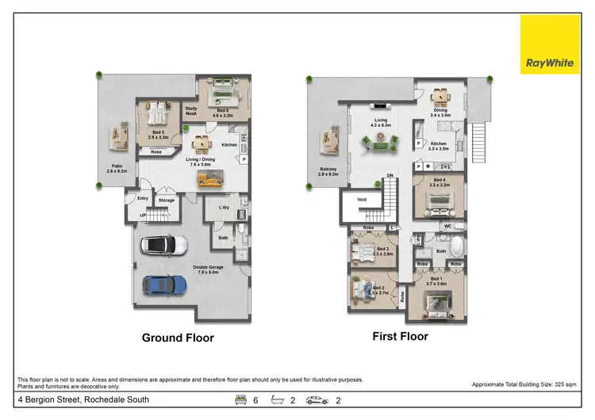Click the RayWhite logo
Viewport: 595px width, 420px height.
[549, 44]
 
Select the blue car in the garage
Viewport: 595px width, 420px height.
[164, 284]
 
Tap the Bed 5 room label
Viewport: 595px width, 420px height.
[159, 134]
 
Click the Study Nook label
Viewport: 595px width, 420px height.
[190, 111]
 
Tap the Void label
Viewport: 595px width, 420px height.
[362, 199]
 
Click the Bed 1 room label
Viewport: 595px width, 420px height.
[438, 281]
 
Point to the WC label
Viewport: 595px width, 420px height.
[448, 227]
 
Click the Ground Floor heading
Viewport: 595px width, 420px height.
[178, 338]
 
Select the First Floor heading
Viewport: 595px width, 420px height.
[400, 336]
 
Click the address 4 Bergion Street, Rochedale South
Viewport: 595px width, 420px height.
[83, 400]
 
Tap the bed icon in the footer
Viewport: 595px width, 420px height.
[240, 400]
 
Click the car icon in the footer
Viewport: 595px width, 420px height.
[318, 400]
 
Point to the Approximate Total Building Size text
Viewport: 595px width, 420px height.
[524, 384]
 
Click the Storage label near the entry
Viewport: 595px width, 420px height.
[166, 200]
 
